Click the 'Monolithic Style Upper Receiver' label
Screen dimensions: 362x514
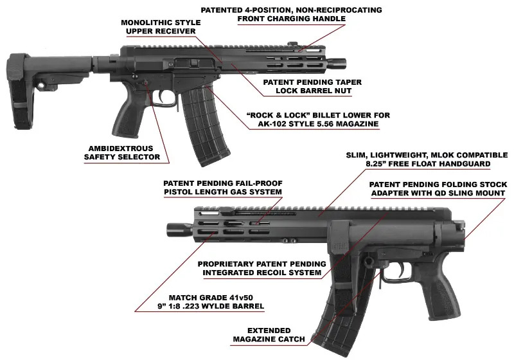(161, 27)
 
